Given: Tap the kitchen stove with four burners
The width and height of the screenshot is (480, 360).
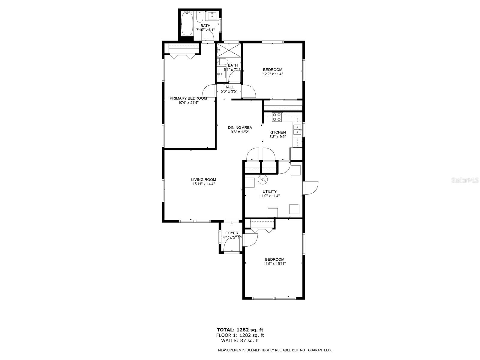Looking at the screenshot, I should point(277,117).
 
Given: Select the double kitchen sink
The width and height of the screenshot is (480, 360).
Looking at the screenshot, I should point(297,130).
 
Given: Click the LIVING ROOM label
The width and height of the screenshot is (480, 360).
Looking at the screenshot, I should point(203,180).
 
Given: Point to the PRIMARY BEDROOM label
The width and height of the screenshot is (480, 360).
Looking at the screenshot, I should point(188,98).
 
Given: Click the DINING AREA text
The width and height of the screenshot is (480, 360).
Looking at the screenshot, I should point(240,127).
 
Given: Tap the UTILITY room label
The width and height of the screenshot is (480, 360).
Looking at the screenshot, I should point(269,191).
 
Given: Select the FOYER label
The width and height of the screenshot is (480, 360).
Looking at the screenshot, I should point(232,233).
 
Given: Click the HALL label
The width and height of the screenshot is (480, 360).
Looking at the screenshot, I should point(229,87).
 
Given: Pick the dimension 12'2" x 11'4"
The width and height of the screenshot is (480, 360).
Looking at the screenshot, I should point(272,74).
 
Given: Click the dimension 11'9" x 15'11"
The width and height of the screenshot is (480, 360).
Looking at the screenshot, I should point(274,264).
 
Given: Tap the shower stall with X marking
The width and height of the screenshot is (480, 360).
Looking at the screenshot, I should point(229,50).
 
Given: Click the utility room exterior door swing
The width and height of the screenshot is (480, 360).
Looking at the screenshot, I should point(311,188).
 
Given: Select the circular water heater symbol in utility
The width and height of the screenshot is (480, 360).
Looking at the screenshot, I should point(262,179).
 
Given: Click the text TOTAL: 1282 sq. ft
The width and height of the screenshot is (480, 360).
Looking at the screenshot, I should point(240,330).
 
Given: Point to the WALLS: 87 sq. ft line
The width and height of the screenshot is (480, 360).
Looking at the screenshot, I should point(240,340).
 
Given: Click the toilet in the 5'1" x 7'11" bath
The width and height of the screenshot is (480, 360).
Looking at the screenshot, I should point(222,62).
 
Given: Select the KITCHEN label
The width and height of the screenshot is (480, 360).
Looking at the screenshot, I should point(277,132).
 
